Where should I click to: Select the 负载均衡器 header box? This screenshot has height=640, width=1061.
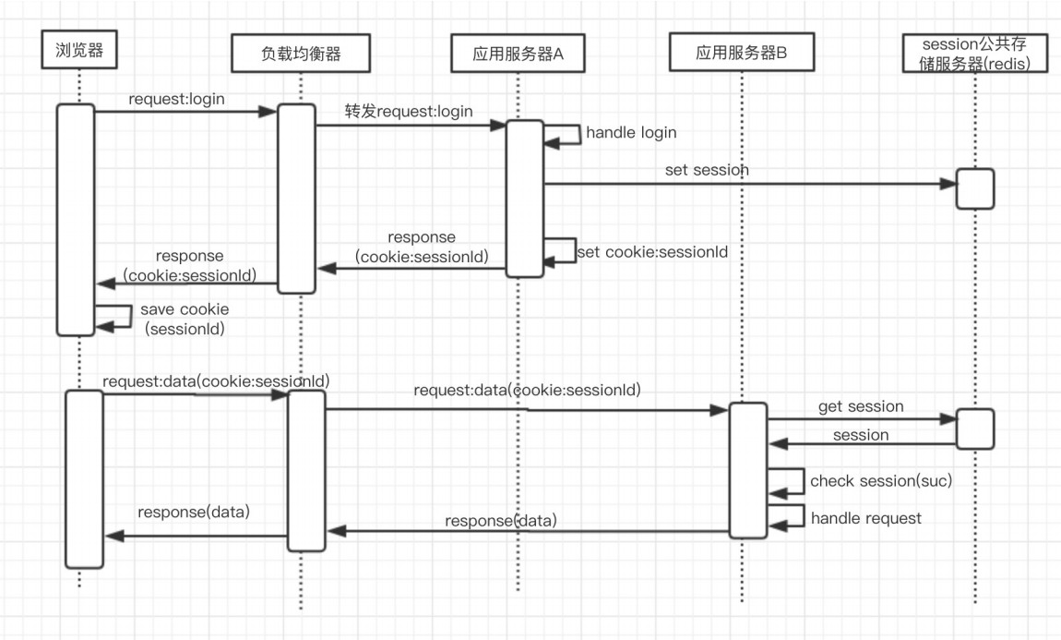click(301, 54)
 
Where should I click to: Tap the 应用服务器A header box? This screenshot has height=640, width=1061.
click(518, 54)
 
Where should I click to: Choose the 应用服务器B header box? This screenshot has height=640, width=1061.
click(741, 54)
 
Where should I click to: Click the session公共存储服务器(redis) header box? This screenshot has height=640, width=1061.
click(975, 54)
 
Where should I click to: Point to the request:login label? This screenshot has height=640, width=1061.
click(176, 99)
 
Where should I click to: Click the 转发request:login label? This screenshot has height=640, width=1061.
click(409, 112)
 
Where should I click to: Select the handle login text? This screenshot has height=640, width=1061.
click(631, 133)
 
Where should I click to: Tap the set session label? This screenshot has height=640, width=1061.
click(707, 170)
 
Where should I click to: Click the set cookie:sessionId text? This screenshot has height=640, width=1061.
click(652, 251)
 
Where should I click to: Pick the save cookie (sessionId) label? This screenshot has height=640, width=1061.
click(185, 319)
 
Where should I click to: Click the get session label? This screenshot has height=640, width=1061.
click(861, 406)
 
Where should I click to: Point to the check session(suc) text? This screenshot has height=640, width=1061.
click(880, 481)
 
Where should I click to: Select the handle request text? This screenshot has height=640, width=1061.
click(865, 518)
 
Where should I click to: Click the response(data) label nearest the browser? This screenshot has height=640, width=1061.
click(194, 512)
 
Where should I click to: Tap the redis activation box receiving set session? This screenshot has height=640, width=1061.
click(975, 188)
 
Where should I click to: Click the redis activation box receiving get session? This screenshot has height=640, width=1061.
click(975, 429)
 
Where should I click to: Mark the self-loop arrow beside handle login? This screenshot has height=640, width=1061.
click(563, 135)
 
